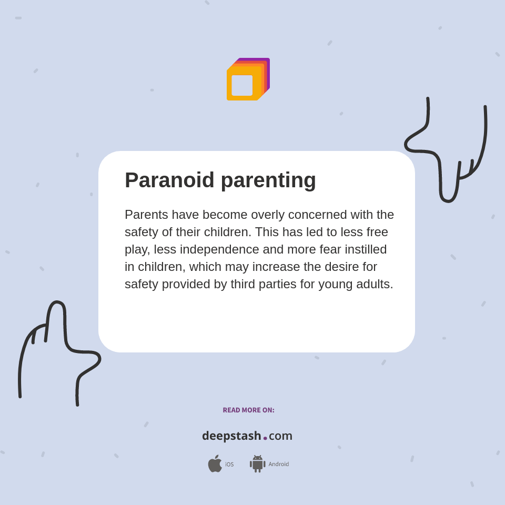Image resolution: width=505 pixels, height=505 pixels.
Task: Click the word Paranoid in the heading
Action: (x=169, y=180)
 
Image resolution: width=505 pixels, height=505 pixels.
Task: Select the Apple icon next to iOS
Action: (x=215, y=464)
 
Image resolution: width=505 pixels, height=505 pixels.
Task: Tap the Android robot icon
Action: (x=257, y=464)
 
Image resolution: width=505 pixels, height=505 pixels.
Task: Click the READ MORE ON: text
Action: (x=248, y=410)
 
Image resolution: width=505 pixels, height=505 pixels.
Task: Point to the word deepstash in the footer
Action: (x=231, y=436)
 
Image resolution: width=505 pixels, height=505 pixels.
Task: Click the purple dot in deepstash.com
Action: (x=265, y=438)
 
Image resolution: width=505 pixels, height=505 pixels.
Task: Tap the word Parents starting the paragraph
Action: (x=146, y=215)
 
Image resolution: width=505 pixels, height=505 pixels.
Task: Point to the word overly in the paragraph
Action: (x=268, y=215)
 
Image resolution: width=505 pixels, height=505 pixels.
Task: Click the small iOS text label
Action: (x=229, y=464)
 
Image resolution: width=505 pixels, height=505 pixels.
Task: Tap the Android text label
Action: (x=279, y=464)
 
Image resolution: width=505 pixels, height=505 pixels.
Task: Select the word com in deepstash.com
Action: (x=280, y=436)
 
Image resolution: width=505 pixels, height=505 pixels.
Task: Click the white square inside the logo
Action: (x=242, y=85)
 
